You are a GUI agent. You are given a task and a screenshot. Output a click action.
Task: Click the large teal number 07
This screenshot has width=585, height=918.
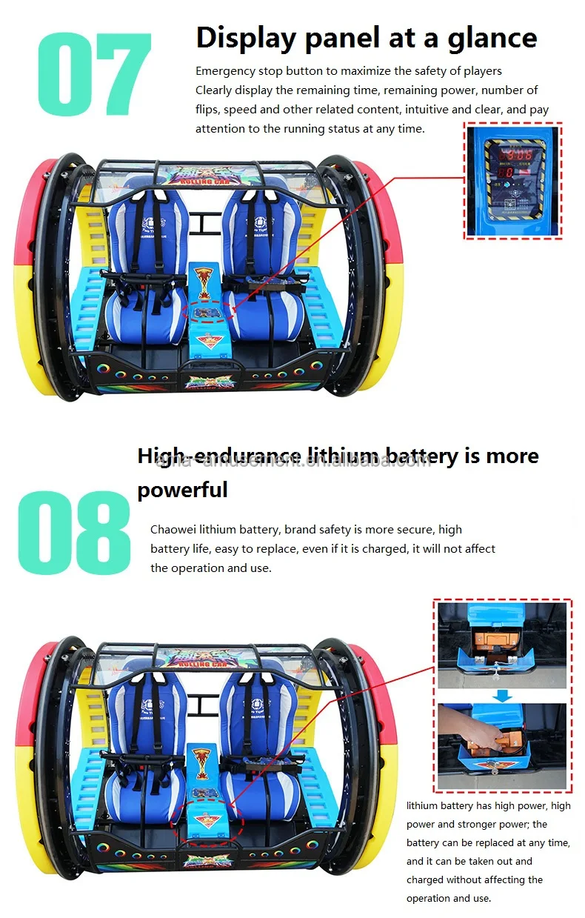(94, 74)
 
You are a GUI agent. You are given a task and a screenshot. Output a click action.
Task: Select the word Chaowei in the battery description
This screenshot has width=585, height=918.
(175, 530)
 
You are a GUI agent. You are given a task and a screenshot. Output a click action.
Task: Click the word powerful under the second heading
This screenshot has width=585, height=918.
(182, 490)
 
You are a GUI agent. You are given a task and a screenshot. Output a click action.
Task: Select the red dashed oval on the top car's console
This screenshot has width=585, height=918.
(207, 310)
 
